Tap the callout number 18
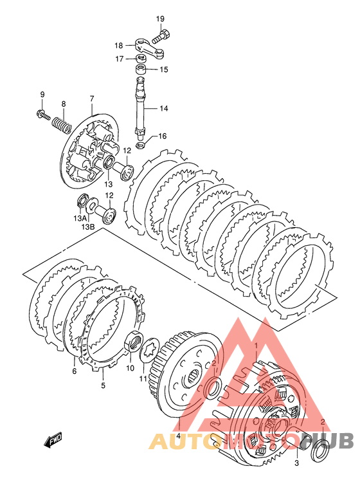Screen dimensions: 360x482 tap(118, 46)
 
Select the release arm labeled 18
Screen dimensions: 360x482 tap(149, 48)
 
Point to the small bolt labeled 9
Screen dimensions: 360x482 tap(42, 115)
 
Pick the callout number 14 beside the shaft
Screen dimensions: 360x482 tap(164, 108)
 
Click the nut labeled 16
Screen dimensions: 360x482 tap(140, 144)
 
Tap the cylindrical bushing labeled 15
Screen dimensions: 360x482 tap(140, 69)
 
